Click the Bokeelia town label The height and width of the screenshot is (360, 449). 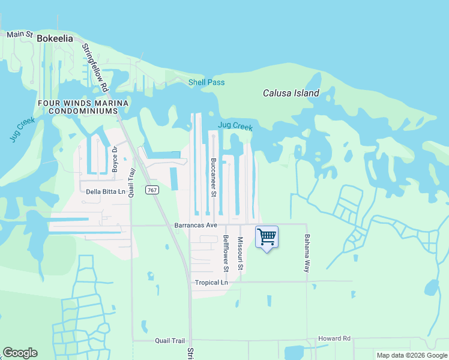55,38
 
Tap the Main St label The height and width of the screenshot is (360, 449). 19,34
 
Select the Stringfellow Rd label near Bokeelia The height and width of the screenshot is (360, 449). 97,67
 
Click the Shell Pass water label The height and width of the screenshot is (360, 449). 206,82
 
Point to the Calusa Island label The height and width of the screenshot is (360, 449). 291,93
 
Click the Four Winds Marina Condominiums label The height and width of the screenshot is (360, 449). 83,107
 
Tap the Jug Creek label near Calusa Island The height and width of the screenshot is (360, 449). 235,126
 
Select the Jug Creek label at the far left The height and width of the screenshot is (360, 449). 22,130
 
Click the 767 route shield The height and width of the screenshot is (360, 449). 152,190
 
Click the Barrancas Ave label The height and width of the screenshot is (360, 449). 195,226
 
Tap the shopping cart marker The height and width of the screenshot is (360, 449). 267,237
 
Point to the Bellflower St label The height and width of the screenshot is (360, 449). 226,251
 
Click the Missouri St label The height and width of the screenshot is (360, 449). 240,253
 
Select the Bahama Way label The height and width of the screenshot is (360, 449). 307,253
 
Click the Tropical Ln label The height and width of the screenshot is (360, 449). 211,282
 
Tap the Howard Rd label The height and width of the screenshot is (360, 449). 334,338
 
